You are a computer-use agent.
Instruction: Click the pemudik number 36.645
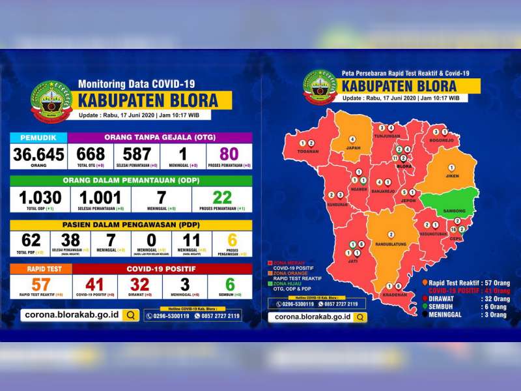click(x=38, y=154)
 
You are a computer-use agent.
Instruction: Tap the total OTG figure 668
click(x=91, y=154)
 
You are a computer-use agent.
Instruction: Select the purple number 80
click(x=229, y=154)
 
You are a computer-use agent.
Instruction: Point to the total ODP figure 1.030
click(x=40, y=198)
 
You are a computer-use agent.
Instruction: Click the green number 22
click(x=222, y=198)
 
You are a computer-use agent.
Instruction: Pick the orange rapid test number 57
click(x=40, y=284)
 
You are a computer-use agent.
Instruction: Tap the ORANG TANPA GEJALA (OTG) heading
click(x=160, y=138)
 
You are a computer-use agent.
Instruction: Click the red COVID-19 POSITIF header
click(x=162, y=268)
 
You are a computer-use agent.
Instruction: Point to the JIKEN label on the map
click(x=451, y=175)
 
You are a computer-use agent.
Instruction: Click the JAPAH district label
click(x=352, y=147)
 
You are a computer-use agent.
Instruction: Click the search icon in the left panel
click(x=130, y=315)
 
